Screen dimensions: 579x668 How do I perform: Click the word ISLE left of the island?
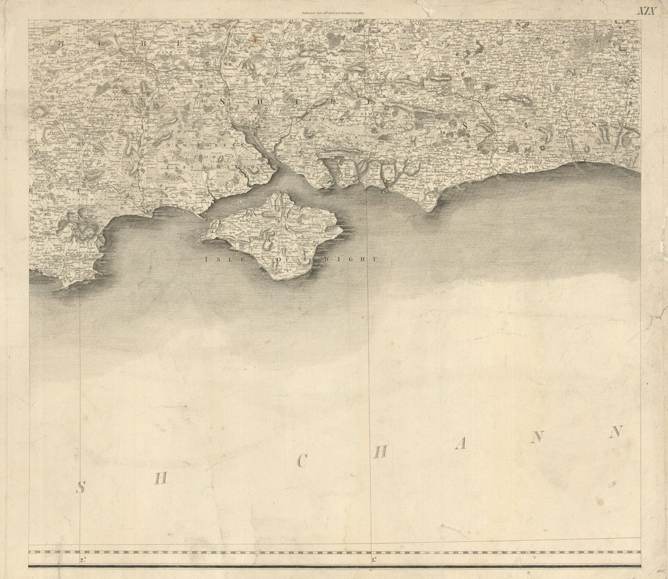click(x=221, y=258)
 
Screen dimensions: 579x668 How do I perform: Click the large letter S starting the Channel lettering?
click(x=80, y=487)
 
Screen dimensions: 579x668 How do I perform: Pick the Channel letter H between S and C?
click(x=159, y=477)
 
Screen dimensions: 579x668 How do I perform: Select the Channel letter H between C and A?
click(x=380, y=452)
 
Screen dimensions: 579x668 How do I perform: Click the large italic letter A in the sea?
click(x=460, y=444)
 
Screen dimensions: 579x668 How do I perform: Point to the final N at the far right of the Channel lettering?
click(x=615, y=432)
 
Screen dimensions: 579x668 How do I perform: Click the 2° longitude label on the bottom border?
click(x=82, y=558)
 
